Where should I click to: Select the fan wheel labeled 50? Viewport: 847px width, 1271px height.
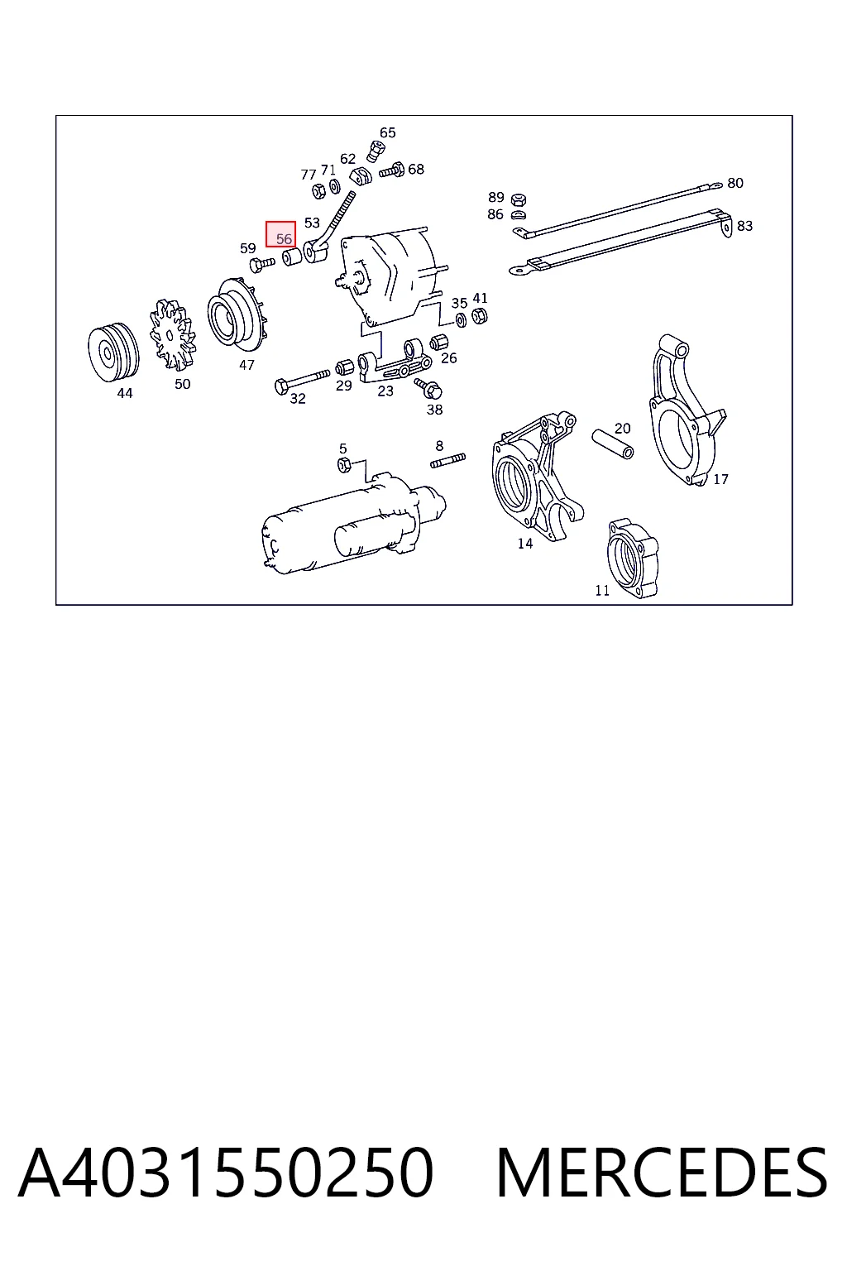pos(173,336)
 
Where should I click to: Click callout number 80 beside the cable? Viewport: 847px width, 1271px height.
pos(735,183)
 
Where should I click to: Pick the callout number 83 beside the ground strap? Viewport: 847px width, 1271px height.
pos(744,226)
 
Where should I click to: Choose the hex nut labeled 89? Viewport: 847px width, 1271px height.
pos(518,199)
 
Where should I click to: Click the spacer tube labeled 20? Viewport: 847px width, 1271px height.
pos(613,444)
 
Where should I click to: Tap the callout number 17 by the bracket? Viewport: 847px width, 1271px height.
pos(720,479)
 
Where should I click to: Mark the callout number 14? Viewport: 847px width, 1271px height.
pos(524,544)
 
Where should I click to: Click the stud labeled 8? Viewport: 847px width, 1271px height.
pos(447,460)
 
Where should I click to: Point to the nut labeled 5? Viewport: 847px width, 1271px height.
pos(344,465)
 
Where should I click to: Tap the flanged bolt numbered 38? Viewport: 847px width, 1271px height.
pos(429,388)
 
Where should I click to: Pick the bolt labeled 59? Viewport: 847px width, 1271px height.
pos(261,265)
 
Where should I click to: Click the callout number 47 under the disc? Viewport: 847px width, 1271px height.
pos(246,365)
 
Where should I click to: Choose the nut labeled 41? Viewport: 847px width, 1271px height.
pos(480,315)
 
